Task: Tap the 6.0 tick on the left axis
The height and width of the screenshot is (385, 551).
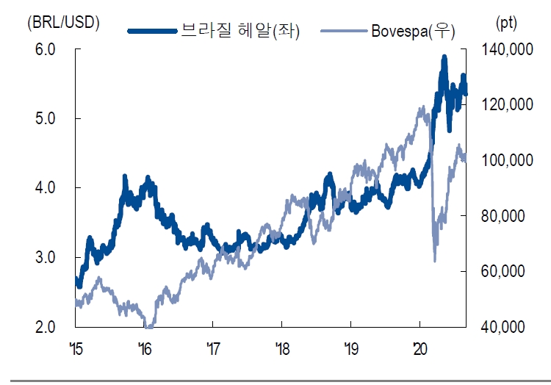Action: click(x=46, y=49)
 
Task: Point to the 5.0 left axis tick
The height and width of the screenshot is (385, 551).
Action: click(x=46, y=118)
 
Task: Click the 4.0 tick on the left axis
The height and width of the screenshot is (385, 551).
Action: click(x=46, y=188)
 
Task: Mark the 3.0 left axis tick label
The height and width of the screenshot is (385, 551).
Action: click(x=46, y=257)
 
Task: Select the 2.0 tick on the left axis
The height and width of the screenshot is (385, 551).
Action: click(x=46, y=326)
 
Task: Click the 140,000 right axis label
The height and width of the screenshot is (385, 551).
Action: click(x=505, y=49)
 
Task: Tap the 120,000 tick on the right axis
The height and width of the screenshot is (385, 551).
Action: click(x=505, y=105)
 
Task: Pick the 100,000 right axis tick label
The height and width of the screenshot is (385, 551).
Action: click(x=505, y=160)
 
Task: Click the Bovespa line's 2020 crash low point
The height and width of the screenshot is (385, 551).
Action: click(x=435, y=260)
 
